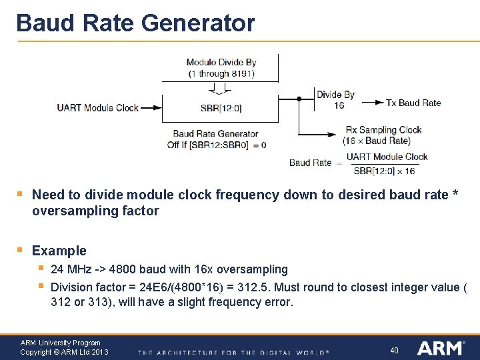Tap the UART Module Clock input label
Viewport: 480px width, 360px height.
tap(97, 107)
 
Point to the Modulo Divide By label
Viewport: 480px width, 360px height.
tap(221, 62)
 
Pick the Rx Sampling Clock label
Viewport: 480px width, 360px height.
tap(383, 129)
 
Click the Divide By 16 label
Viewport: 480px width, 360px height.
tap(335, 99)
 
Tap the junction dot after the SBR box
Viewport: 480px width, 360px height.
tap(299, 99)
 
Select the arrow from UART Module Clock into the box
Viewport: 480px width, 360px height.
tap(151, 107)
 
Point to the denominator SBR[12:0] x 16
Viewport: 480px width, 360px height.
tap(383, 171)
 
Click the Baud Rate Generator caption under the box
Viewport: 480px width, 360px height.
tap(215, 133)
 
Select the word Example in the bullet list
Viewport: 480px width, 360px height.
tap(59, 251)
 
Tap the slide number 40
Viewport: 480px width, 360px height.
tap(394, 350)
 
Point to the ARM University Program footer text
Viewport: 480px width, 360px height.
tap(60, 343)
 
